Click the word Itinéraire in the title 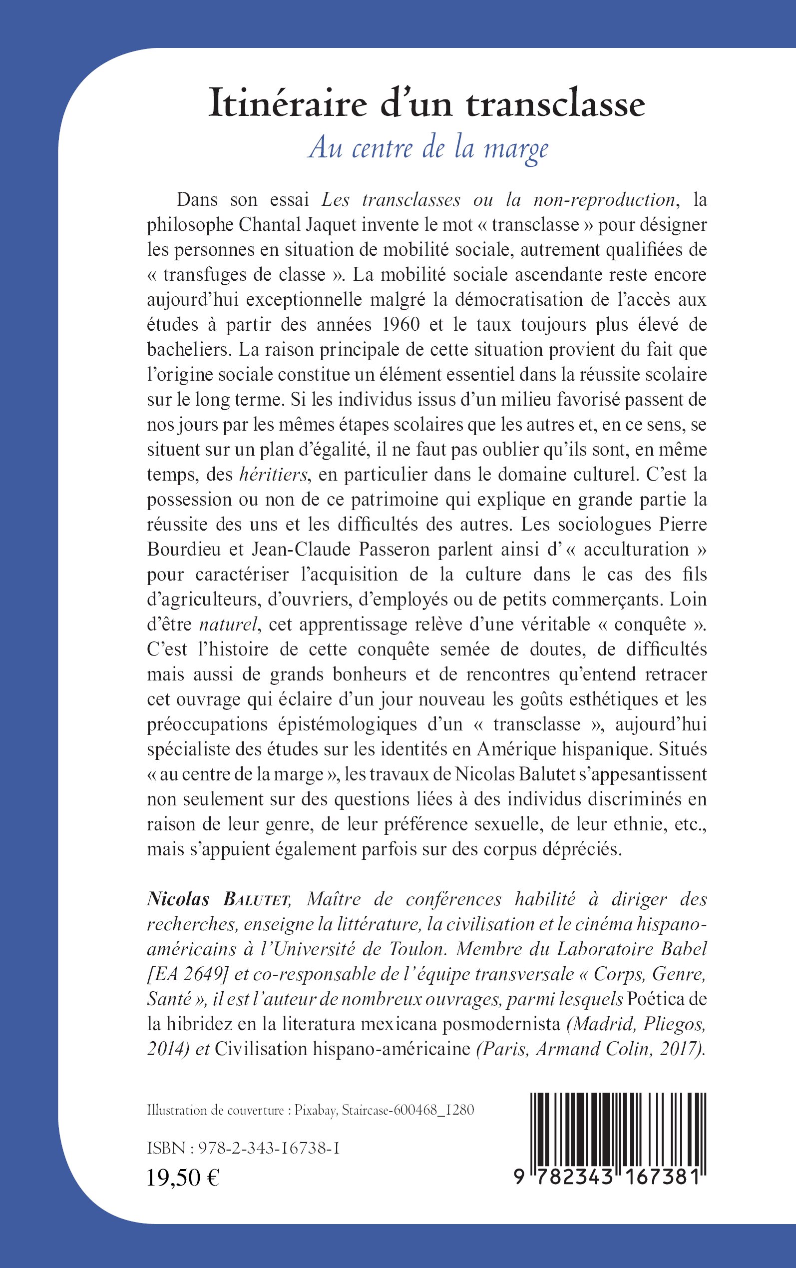point(288,103)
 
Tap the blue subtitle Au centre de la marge point(428,148)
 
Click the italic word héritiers point(273,475)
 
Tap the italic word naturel point(229,625)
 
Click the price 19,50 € point(183,1178)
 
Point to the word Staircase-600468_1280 point(408,1111)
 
